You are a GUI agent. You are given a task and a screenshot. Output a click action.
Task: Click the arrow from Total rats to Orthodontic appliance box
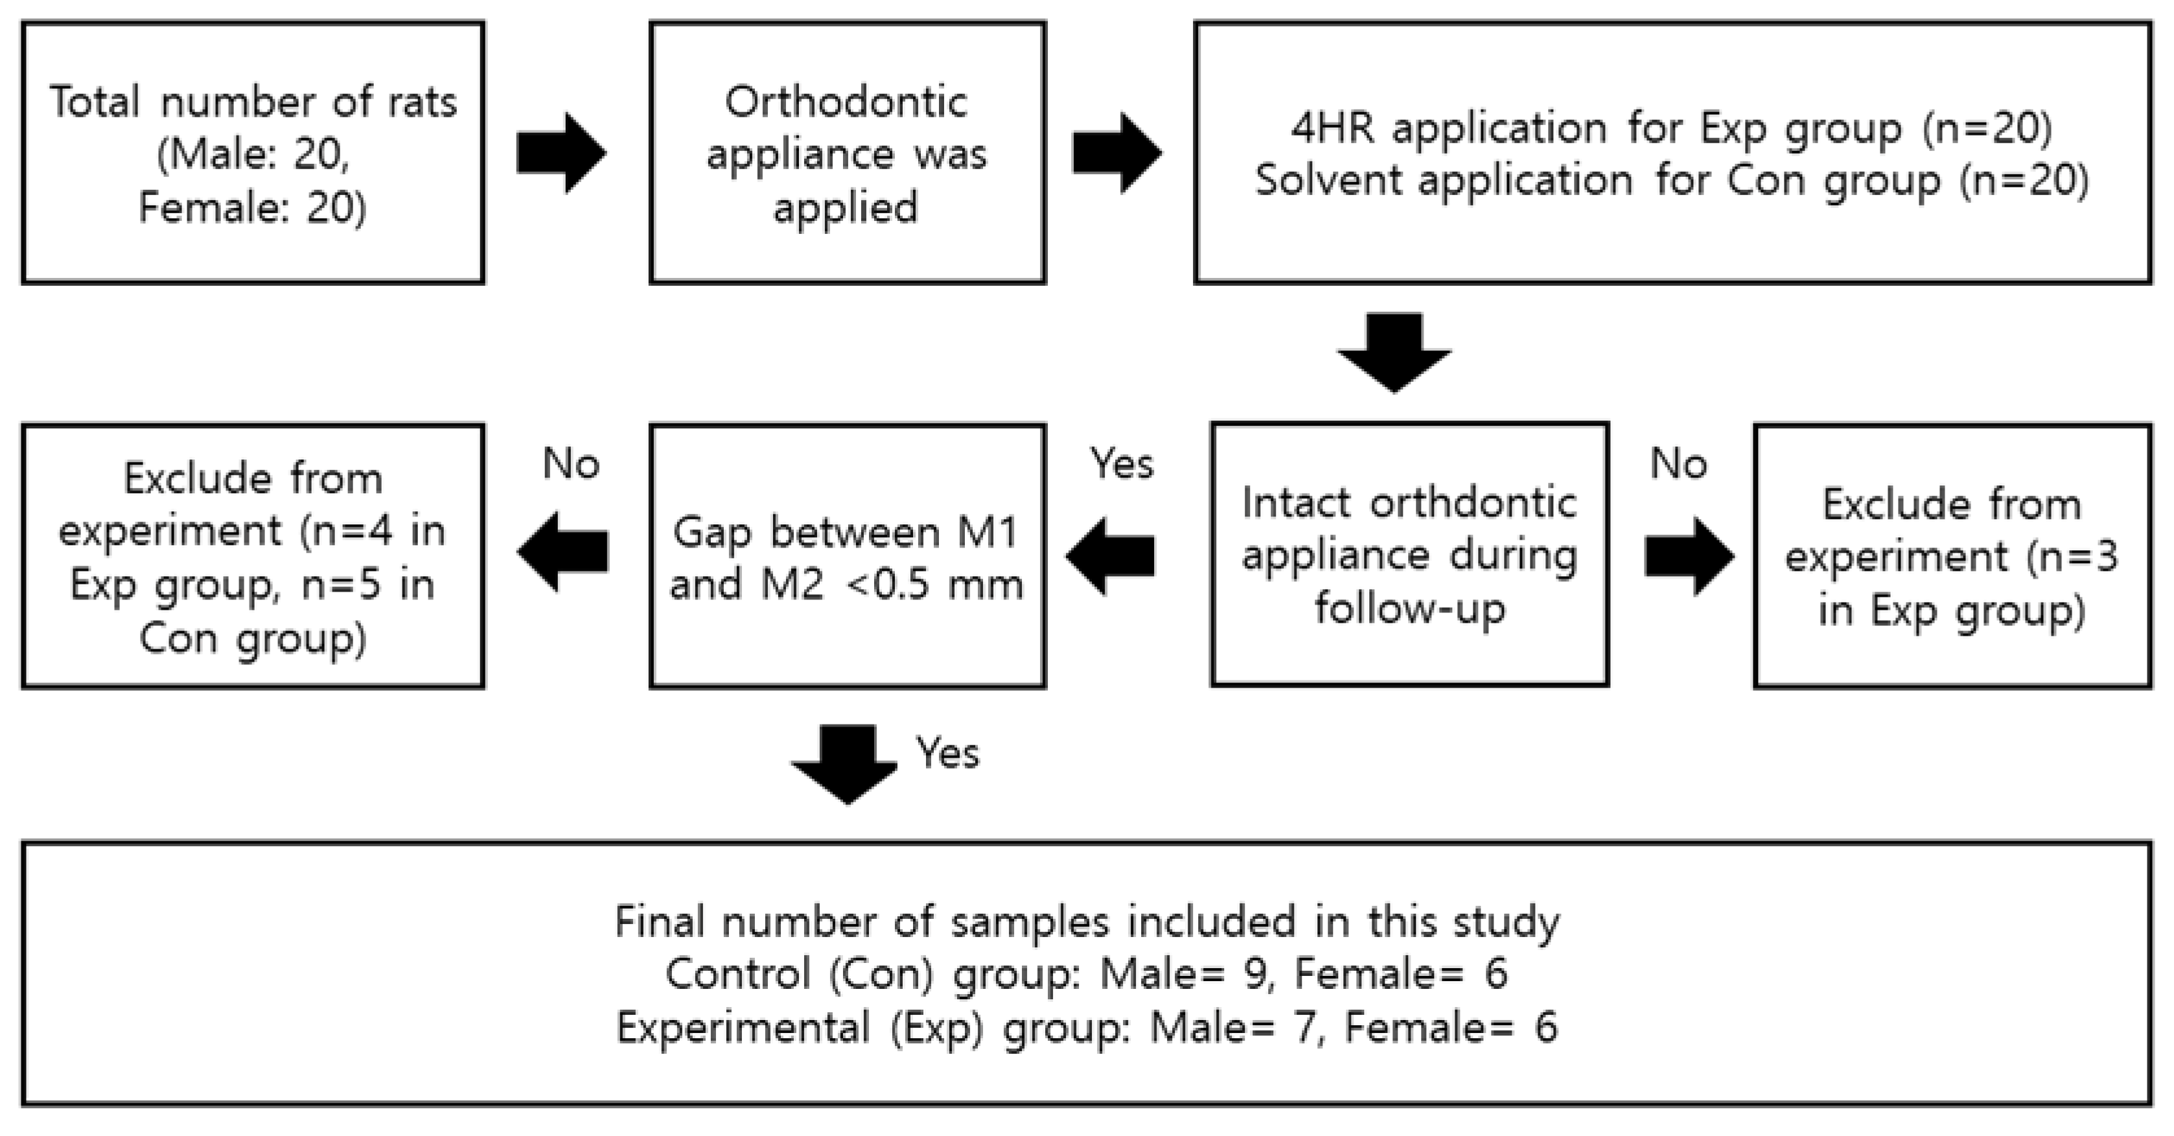pos(561,153)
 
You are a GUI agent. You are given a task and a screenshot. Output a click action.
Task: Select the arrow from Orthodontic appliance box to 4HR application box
pos(1116,153)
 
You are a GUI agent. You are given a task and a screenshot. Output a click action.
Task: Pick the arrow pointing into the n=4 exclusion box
pos(563,553)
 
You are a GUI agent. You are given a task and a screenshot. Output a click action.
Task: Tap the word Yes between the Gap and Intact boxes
pos(1122,463)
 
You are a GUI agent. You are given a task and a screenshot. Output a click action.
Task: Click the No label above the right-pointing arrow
pos(1678,463)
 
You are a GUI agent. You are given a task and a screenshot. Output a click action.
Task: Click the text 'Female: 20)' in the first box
pos(252,207)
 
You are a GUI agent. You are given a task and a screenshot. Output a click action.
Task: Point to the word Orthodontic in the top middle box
pos(846,102)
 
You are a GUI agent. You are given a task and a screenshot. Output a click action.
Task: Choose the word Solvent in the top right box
pos(1328,181)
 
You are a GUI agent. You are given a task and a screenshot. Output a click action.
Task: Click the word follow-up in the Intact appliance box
pos(1409,609)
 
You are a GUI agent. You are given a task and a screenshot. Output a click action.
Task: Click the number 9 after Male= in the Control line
pos(1256,974)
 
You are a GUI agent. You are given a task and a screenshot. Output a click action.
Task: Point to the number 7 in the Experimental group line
pos(1306,1028)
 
